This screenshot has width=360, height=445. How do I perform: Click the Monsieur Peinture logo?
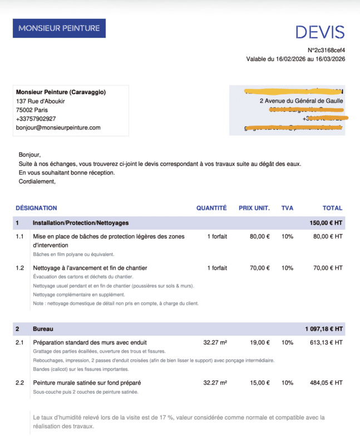tap(59, 28)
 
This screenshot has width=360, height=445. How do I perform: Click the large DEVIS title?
tap(320, 32)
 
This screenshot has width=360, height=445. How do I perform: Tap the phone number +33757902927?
tap(36, 118)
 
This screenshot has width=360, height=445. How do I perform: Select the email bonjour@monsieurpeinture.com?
tap(58, 127)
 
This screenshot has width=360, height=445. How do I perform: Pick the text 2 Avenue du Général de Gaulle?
tap(301, 101)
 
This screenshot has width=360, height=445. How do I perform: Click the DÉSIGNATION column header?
tap(36, 208)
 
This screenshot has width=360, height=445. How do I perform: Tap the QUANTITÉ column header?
tap(211, 208)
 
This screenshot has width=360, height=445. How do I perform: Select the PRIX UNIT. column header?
tap(254, 208)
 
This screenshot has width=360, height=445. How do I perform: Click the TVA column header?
tap(287, 208)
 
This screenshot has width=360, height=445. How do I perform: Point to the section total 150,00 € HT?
tap(326, 222)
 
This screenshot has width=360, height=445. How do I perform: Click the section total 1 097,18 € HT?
tap(324, 329)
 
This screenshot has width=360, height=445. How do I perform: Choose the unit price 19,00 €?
tap(260, 343)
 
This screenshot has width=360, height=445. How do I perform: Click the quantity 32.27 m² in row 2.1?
tap(215, 343)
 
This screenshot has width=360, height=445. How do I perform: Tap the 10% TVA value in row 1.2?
tap(287, 268)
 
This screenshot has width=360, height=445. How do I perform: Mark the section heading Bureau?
tap(43, 329)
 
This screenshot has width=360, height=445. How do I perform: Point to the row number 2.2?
tap(20, 383)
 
